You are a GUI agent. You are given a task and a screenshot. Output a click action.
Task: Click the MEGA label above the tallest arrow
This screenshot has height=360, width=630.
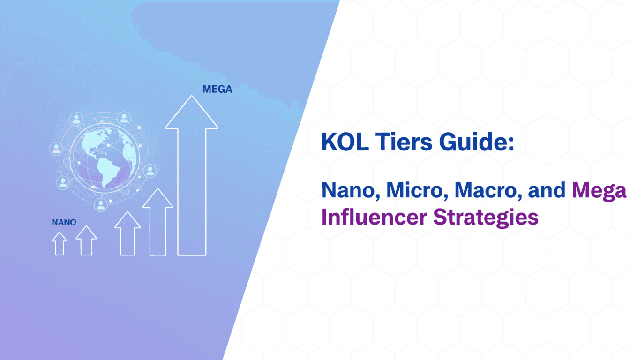pyautogui.click(x=217, y=89)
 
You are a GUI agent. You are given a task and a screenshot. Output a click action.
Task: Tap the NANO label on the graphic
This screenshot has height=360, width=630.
pyautogui.click(x=64, y=222)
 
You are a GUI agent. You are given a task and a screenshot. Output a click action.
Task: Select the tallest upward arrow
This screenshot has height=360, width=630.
pyautogui.click(x=191, y=178)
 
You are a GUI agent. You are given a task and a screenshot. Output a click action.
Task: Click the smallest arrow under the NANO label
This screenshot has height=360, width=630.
pyautogui.click(x=60, y=244)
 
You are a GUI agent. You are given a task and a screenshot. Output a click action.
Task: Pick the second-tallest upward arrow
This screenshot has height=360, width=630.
pyautogui.click(x=157, y=222)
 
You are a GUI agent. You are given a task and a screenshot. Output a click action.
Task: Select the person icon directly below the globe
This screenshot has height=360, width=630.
pyautogui.click(x=100, y=204)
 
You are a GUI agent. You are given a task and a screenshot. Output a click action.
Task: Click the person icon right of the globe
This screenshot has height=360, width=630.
pyautogui.click(x=150, y=170)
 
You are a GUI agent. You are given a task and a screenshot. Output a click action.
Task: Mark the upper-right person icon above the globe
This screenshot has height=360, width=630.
pyautogui.click(x=124, y=118)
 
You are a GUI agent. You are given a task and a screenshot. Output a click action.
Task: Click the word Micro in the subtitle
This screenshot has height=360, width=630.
pyautogui.click(x=414, y=191)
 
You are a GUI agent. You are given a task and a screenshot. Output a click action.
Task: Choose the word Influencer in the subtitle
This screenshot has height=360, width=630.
pyautogui.click(x=374, y=218)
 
